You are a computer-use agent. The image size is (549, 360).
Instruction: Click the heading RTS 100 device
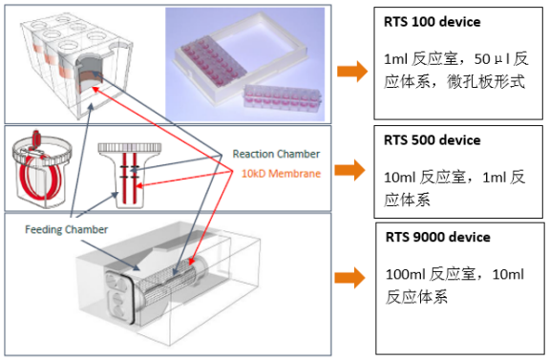coord(433,22)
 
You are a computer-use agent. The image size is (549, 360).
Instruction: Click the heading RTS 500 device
coord(433,140)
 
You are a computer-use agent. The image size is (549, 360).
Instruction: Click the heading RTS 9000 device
coord(437,237)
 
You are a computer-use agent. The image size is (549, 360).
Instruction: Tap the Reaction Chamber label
coord(276,154)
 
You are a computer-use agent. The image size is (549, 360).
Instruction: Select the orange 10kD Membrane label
coord(281,174)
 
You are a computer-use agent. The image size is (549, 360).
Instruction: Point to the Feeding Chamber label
coord(66,229)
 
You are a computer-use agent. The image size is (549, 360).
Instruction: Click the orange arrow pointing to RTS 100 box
coord(352,72)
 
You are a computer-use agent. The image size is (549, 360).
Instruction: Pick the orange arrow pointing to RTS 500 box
coord(350,170)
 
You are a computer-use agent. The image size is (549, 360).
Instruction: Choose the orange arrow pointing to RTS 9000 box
coord(350,278)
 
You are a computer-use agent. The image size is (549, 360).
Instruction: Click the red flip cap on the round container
coord(35,138)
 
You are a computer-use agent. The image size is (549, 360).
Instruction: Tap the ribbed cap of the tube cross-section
coord(130,147)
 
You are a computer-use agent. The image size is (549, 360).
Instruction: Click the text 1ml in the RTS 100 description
coord(395,59)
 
